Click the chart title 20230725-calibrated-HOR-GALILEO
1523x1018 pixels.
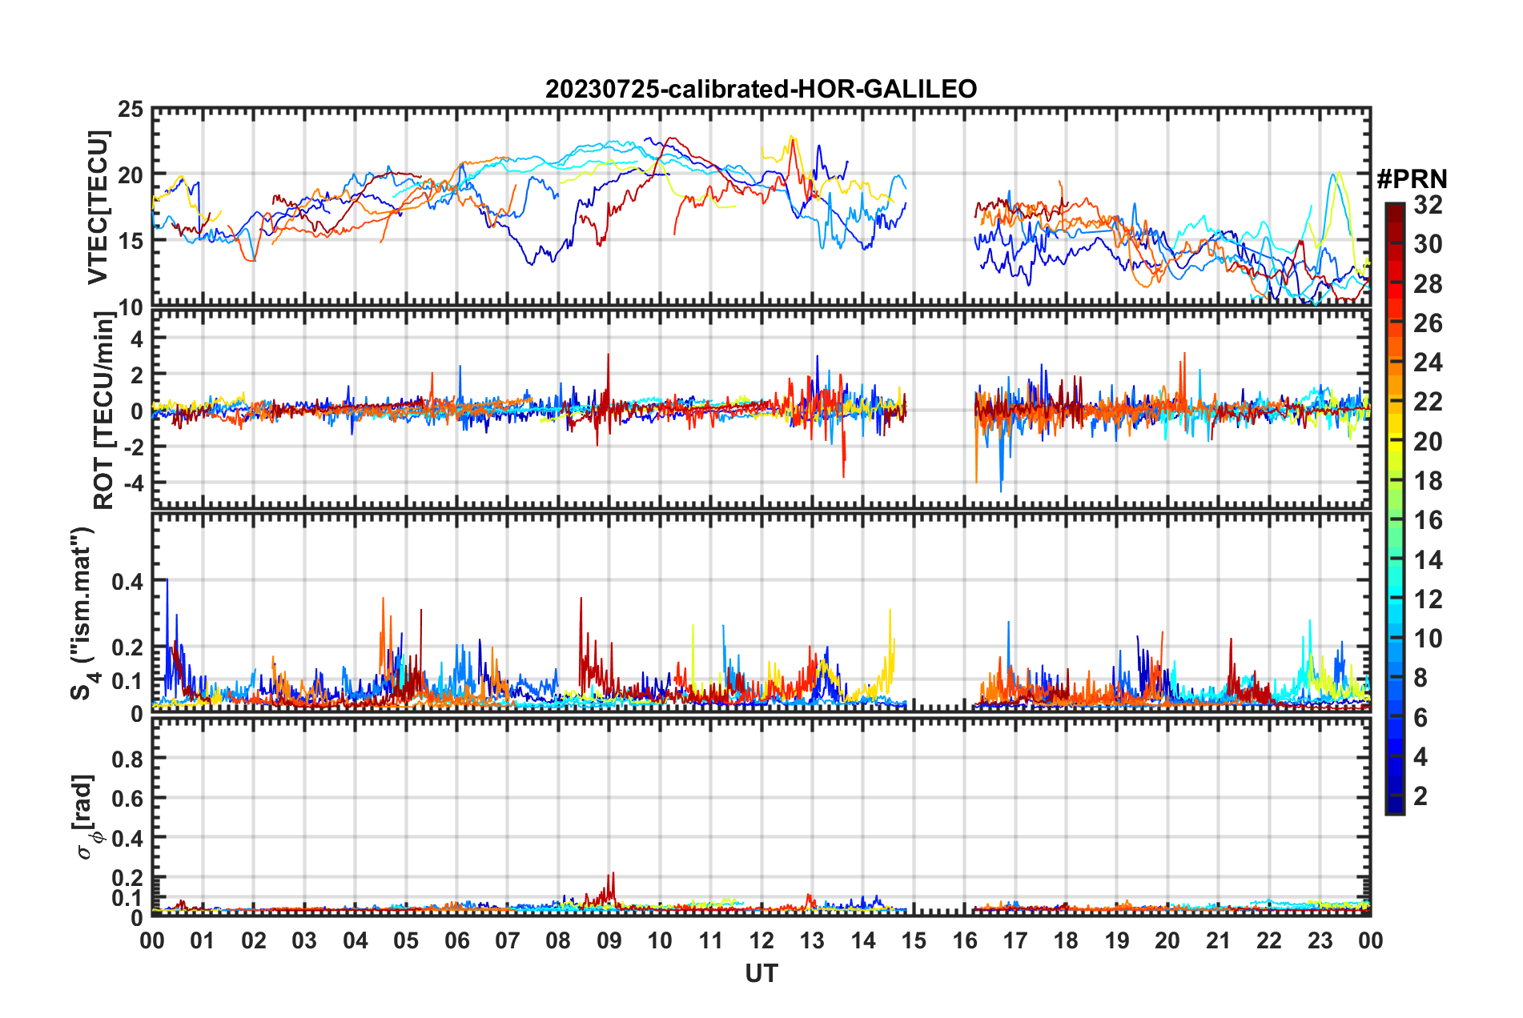click(x=761, y=89)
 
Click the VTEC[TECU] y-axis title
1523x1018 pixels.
click(x=98, y=208)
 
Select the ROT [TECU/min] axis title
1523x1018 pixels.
click(x=104, y=411)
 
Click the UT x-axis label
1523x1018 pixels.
click(x=761, y=974)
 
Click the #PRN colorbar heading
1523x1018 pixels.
click(x=1412, y=179)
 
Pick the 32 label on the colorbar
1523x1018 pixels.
click(x=1428, y=205)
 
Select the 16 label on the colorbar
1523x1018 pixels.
click(x=1428, y=520)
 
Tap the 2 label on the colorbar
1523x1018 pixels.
click(x=1421, y=796)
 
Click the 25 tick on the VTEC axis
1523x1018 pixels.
click(x=131, y=110)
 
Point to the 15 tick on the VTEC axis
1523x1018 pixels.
click(x=131, y=241)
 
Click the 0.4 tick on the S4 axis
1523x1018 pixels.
click(x=127, y=582)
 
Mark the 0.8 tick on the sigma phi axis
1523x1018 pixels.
click(x=127, y=758)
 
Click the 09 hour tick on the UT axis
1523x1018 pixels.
click(x=609, y=940)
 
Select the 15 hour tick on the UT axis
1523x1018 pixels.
click(x=914, y=940)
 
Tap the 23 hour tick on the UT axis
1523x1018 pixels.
click(x=1320, y=940)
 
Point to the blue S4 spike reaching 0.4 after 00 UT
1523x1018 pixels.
click(x=167, y=581)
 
